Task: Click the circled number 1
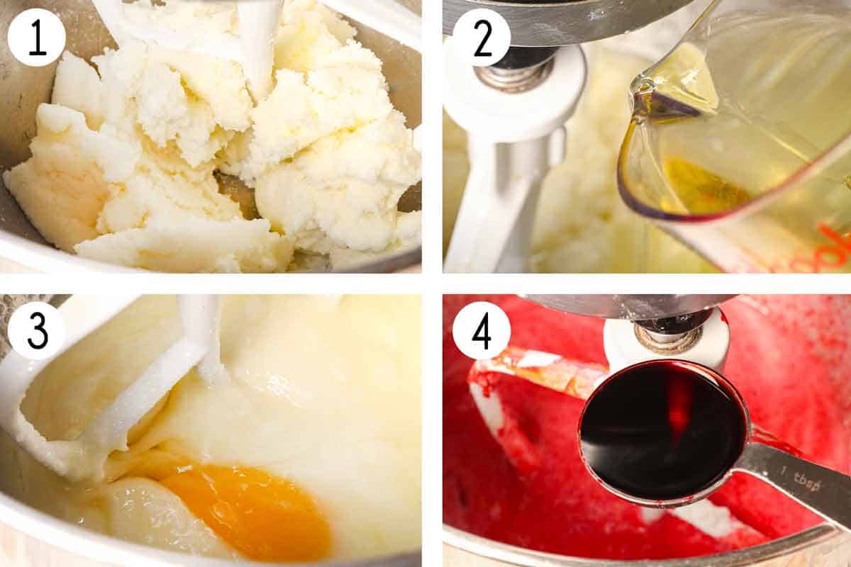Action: pos(36,38)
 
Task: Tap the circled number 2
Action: pos(482,38)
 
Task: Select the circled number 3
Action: pos(36,330)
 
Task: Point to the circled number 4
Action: pos(482,330)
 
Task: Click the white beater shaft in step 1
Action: pos(259,35)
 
